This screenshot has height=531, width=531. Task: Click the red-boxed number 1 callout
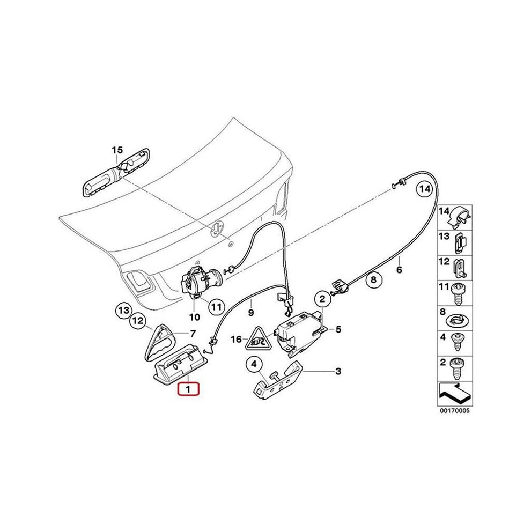coord(189,388)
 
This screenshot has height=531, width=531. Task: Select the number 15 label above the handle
coord(117,150)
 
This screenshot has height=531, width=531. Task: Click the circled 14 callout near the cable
coord(424,190)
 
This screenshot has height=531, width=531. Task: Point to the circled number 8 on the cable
coord(374,280)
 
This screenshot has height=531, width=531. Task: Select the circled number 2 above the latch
coord(322,299)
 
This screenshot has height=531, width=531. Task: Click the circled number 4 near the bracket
coord(255,365)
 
